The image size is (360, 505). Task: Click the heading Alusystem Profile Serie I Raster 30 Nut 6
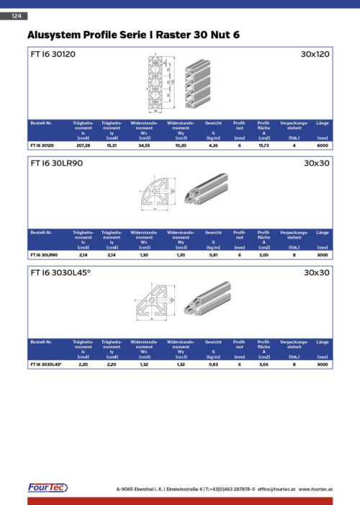(x=133, y=34)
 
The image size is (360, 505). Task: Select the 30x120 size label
(x=315, y=54)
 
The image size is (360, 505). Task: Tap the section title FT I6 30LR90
(x=58, y=164)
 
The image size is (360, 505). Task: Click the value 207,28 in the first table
(x=83, y=146)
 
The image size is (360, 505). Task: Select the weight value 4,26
(x=213, y=146)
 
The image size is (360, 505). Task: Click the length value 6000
(x=323, y=146)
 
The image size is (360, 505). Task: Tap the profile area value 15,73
(x=264, y=146)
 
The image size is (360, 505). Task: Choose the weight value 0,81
(x=213, y=254)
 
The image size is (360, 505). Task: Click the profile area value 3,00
(x=264, y=254)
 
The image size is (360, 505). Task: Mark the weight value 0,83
(x=213, y=365)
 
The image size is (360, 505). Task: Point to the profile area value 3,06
(x=264, y=365)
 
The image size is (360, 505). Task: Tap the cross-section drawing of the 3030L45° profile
(x=152, y=306)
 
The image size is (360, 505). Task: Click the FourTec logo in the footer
(x=48, y=488)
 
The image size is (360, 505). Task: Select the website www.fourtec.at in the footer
(x=315, y=489)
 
